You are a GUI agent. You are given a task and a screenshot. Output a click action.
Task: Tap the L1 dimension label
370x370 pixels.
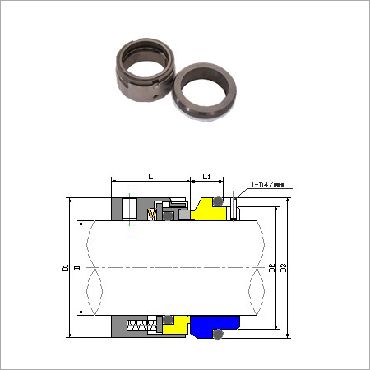tap(207, 177)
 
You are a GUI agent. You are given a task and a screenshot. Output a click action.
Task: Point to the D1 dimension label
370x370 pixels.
tap(65, 268)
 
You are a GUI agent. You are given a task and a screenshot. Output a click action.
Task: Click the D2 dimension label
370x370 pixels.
tap(271, 268)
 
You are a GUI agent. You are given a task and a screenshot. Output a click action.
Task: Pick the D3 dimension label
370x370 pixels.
tap(283, 268)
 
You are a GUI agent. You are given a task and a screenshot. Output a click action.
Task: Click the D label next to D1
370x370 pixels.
tap(76, 268)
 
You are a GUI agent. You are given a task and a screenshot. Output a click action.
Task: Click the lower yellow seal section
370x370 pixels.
tap(174, 326)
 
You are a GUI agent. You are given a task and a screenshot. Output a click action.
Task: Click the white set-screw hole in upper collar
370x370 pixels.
tap(129, 209)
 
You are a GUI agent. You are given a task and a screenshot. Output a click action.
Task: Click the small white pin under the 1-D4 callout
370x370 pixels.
tap(235, 209)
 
